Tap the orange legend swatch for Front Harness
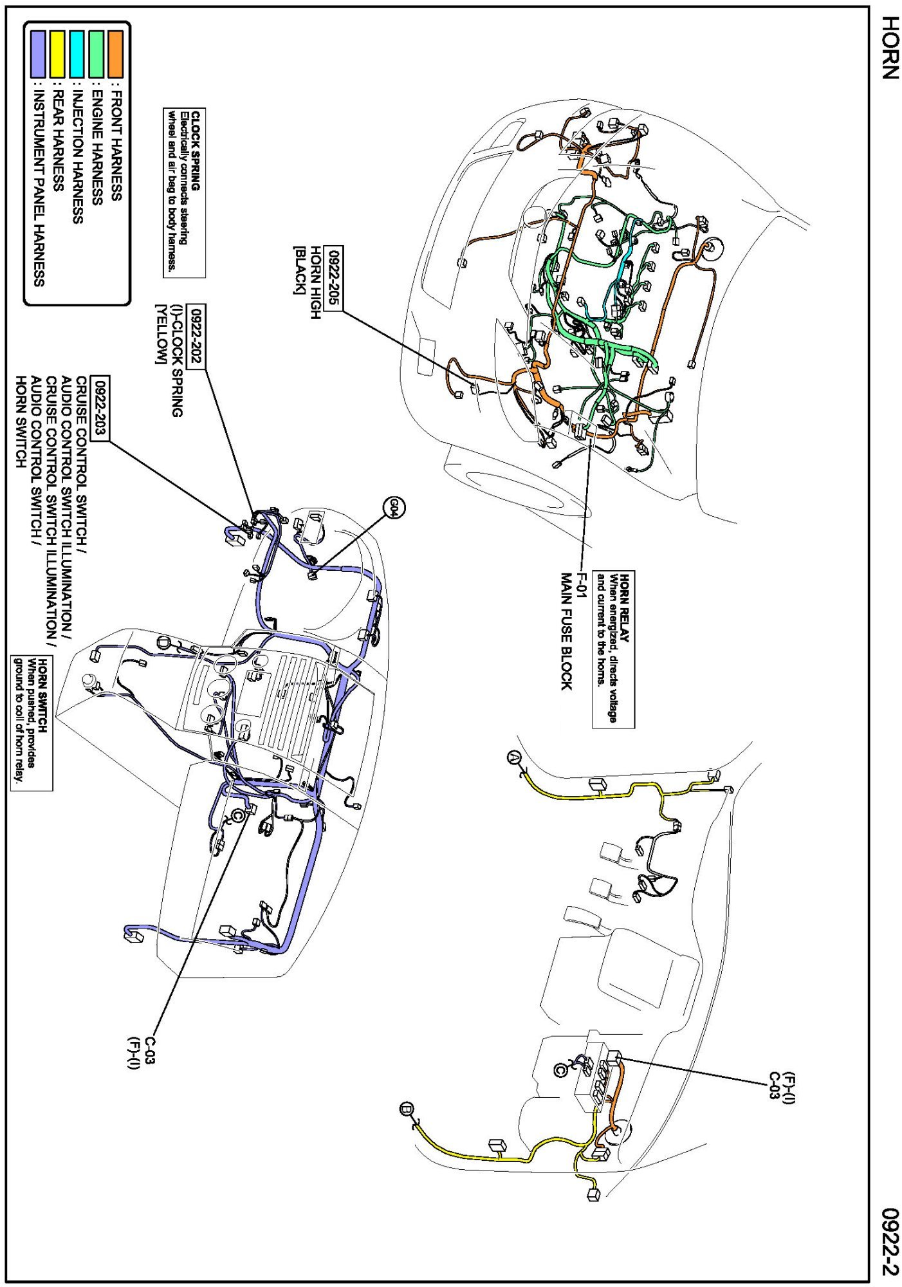pos(116,53)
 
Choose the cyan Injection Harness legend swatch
pos(77,53)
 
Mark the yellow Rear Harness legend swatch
pos(57,53)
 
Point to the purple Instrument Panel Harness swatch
pos(38,53)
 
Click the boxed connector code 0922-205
pos(334,278)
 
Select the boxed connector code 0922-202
pos(197,336)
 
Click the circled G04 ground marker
pos(394,508)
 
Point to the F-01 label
pos(581,585)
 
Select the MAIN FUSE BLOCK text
pos(566,631)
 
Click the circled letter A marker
pos(513,757)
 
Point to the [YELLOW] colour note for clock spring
pos(161,333)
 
